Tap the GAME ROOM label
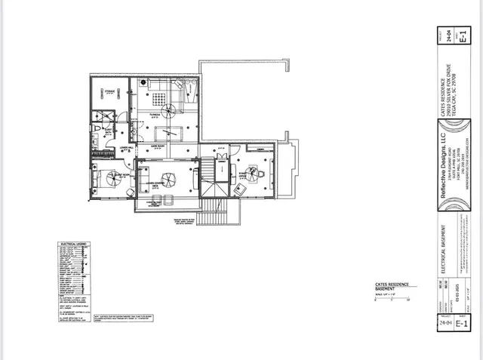click(158, 143)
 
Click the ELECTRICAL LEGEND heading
click(72, 244)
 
